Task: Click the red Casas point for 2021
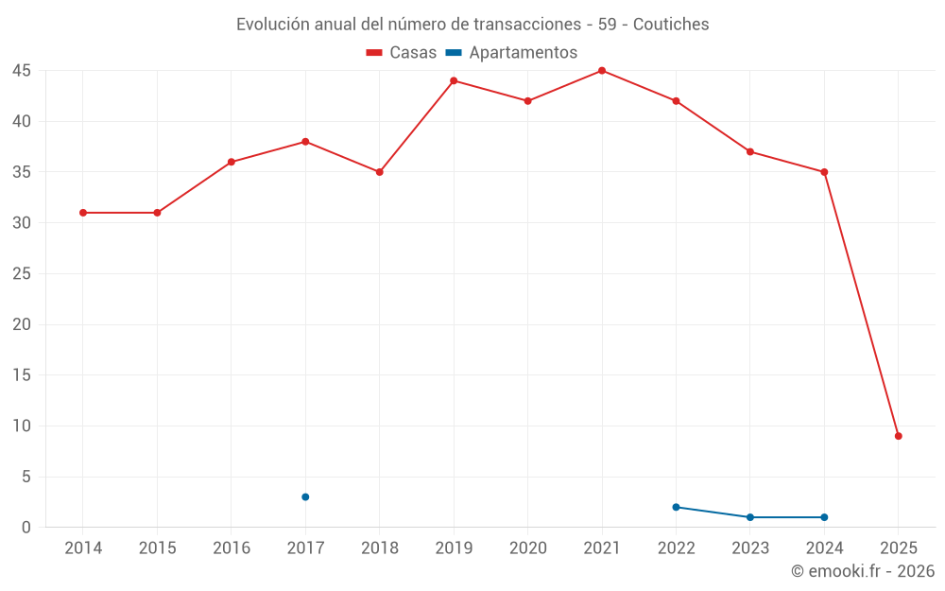point(602,71)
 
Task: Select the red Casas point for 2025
point(899,436)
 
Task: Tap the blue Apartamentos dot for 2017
point(305,497)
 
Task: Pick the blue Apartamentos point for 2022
point(676,507)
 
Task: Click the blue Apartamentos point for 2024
point(824,517)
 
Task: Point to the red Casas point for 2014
point(83,213)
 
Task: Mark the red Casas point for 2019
point(454,80)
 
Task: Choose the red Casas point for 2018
point(379,172)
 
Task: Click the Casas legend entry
point(402,53)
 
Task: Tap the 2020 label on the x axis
point(527,548)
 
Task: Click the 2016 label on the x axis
point(231,548)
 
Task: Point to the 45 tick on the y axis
point(22,71)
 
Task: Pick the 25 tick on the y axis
point(22,274)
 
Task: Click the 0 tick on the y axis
point(27,528)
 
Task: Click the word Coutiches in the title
point(671,25)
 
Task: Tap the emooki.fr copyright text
point(863,571)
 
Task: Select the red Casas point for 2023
point(750,151)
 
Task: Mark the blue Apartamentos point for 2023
point(750,517)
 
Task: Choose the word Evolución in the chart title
point(271,25)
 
